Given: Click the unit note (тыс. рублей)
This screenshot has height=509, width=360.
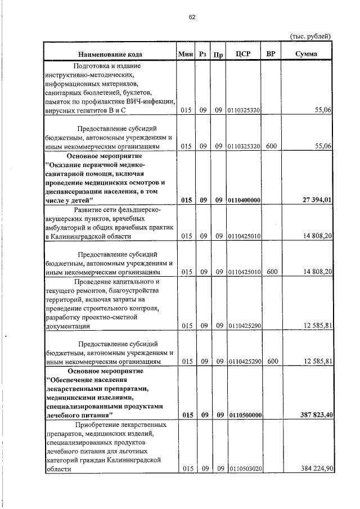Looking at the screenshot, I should pos(310,36).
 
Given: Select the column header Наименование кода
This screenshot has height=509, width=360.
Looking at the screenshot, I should pos(110,54).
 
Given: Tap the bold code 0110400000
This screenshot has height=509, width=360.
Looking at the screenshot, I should pos(244,201).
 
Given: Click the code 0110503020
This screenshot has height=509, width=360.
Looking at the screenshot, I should pos(244,469).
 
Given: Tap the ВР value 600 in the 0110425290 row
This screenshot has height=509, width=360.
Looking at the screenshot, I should pos(272,361).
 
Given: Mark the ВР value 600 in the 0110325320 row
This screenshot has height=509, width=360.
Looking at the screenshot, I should pos(272,146).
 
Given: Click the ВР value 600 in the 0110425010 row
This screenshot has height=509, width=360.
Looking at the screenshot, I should pos(272,272).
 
